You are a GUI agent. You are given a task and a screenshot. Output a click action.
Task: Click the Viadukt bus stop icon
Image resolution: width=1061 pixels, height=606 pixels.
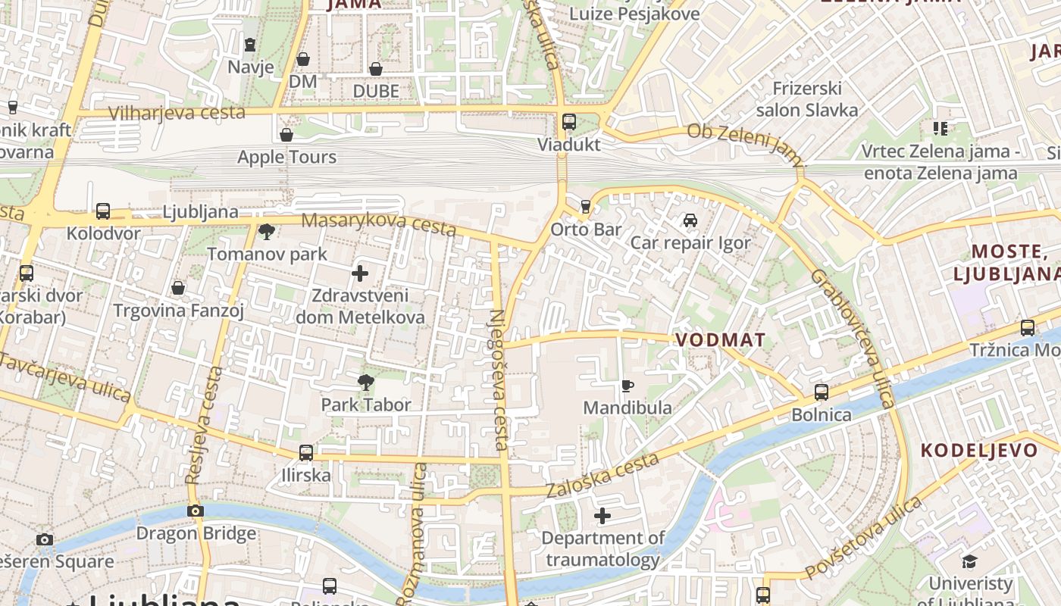(x=568, y=121)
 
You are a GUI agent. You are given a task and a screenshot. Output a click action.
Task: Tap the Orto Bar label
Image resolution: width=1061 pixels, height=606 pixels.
(x=586, y=229)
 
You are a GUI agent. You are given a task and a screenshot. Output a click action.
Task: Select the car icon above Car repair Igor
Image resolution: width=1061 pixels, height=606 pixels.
(x=690, y=220)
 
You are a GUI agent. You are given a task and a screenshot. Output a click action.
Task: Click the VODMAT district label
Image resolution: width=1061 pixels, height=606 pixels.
(x=720, y=340)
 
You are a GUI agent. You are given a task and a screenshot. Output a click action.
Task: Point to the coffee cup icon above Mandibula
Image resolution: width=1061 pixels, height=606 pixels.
(x=627, y=386)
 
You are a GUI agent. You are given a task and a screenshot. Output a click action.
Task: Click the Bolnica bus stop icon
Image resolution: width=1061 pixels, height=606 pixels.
(x=821, y=392)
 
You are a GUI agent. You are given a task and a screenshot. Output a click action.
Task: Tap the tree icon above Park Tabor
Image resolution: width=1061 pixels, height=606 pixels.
(x=366, y=383)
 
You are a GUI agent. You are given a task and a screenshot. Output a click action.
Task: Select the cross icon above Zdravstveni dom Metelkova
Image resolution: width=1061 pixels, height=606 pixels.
(x=360, y=273)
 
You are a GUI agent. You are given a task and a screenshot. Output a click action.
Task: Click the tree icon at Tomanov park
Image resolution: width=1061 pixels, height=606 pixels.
(x=266, y=232)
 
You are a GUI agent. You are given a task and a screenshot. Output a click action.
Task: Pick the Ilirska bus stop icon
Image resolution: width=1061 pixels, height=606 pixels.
(x=305, y=453)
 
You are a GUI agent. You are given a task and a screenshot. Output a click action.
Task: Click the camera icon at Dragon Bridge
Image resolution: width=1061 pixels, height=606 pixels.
(x=196, y=511)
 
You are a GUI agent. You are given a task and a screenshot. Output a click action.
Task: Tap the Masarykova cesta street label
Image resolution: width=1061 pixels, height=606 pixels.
(x=379, y=224)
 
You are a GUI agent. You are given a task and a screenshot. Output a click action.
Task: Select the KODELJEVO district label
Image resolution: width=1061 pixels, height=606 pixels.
(x=978, y=450)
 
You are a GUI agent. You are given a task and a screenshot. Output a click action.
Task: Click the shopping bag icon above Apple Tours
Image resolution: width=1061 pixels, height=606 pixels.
(x=286, y=135)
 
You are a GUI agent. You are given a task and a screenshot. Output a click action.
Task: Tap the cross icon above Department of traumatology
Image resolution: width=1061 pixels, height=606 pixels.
(x=602, y=517)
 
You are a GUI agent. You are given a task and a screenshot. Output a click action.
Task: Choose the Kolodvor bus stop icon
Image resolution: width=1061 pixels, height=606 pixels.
(x=103, y=211)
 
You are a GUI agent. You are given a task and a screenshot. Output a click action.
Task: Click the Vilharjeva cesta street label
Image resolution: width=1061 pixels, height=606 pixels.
(x=177, y=114)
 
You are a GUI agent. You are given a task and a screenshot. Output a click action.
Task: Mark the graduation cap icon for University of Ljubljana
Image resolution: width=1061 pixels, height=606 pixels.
(x=969, y=561)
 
